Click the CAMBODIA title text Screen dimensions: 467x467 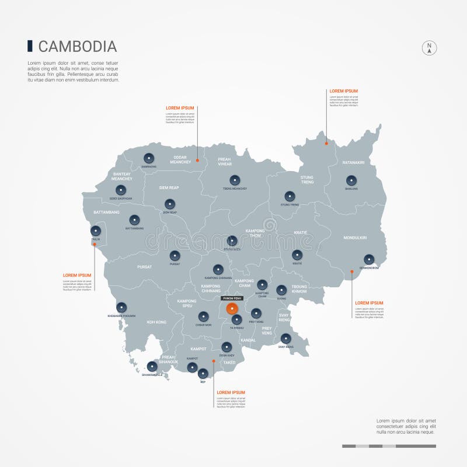pos(78,47)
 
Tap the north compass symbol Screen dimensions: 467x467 pos(429,48)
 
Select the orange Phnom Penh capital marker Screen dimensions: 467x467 pos(232,308)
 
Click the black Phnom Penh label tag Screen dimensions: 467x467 pos(232,298)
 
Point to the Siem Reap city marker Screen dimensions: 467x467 pos(170,204)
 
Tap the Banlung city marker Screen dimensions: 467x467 pos(351,180)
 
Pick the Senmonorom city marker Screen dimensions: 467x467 pos(369,259)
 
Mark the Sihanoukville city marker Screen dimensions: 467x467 pos(152,366)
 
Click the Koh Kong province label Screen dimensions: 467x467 pos(156,322)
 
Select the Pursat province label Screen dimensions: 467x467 pos(145,267)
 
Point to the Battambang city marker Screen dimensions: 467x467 pos(135,220)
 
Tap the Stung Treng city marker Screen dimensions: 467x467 pos(290,196)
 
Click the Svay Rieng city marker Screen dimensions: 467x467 pos(286,339)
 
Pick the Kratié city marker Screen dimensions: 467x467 pos(297,255)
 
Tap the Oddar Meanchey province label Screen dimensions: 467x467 pos(180,159)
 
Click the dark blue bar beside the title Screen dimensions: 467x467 pos(30,46)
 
